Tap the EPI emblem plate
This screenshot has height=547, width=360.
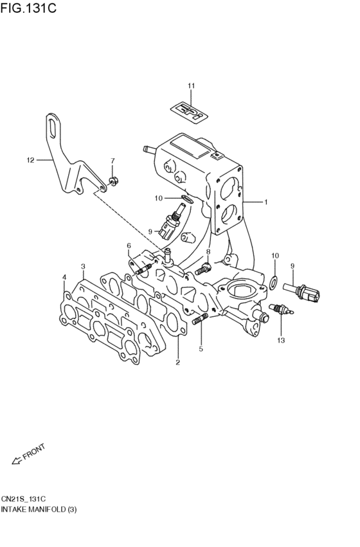(x=190, y=109)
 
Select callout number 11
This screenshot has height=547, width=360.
(x=191, y=86)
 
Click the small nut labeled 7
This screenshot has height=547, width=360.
(x=113, y=181)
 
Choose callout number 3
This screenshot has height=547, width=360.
(x=83, y=265)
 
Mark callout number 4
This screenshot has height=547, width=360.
(x=64, y=278)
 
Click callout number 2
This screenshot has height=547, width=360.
(x=178, y=363)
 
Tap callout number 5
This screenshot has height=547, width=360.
(x=201, y=349)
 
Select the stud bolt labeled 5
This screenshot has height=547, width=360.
(x=199, y=318)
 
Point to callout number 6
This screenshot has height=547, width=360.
(x=129, y=246)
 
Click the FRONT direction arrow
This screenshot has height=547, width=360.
(x=28, y=454)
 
